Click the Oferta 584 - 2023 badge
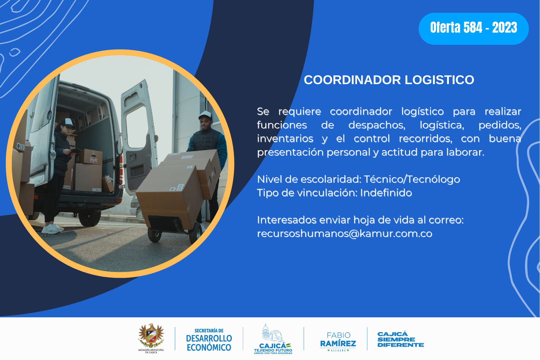coord(474,29)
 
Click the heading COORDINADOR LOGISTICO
coord(389,80)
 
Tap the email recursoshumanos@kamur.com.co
coord(345,233)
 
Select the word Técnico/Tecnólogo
coord(412,179)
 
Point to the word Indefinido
coord(386,193)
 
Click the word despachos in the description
coord(377,125)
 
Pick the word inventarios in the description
coord(285,138)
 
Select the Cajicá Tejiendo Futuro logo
coord(273,339)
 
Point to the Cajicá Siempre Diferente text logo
coord(400,339)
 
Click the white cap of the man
coord(205,115)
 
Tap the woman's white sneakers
coord(52,229)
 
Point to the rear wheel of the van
coord(90,217)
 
